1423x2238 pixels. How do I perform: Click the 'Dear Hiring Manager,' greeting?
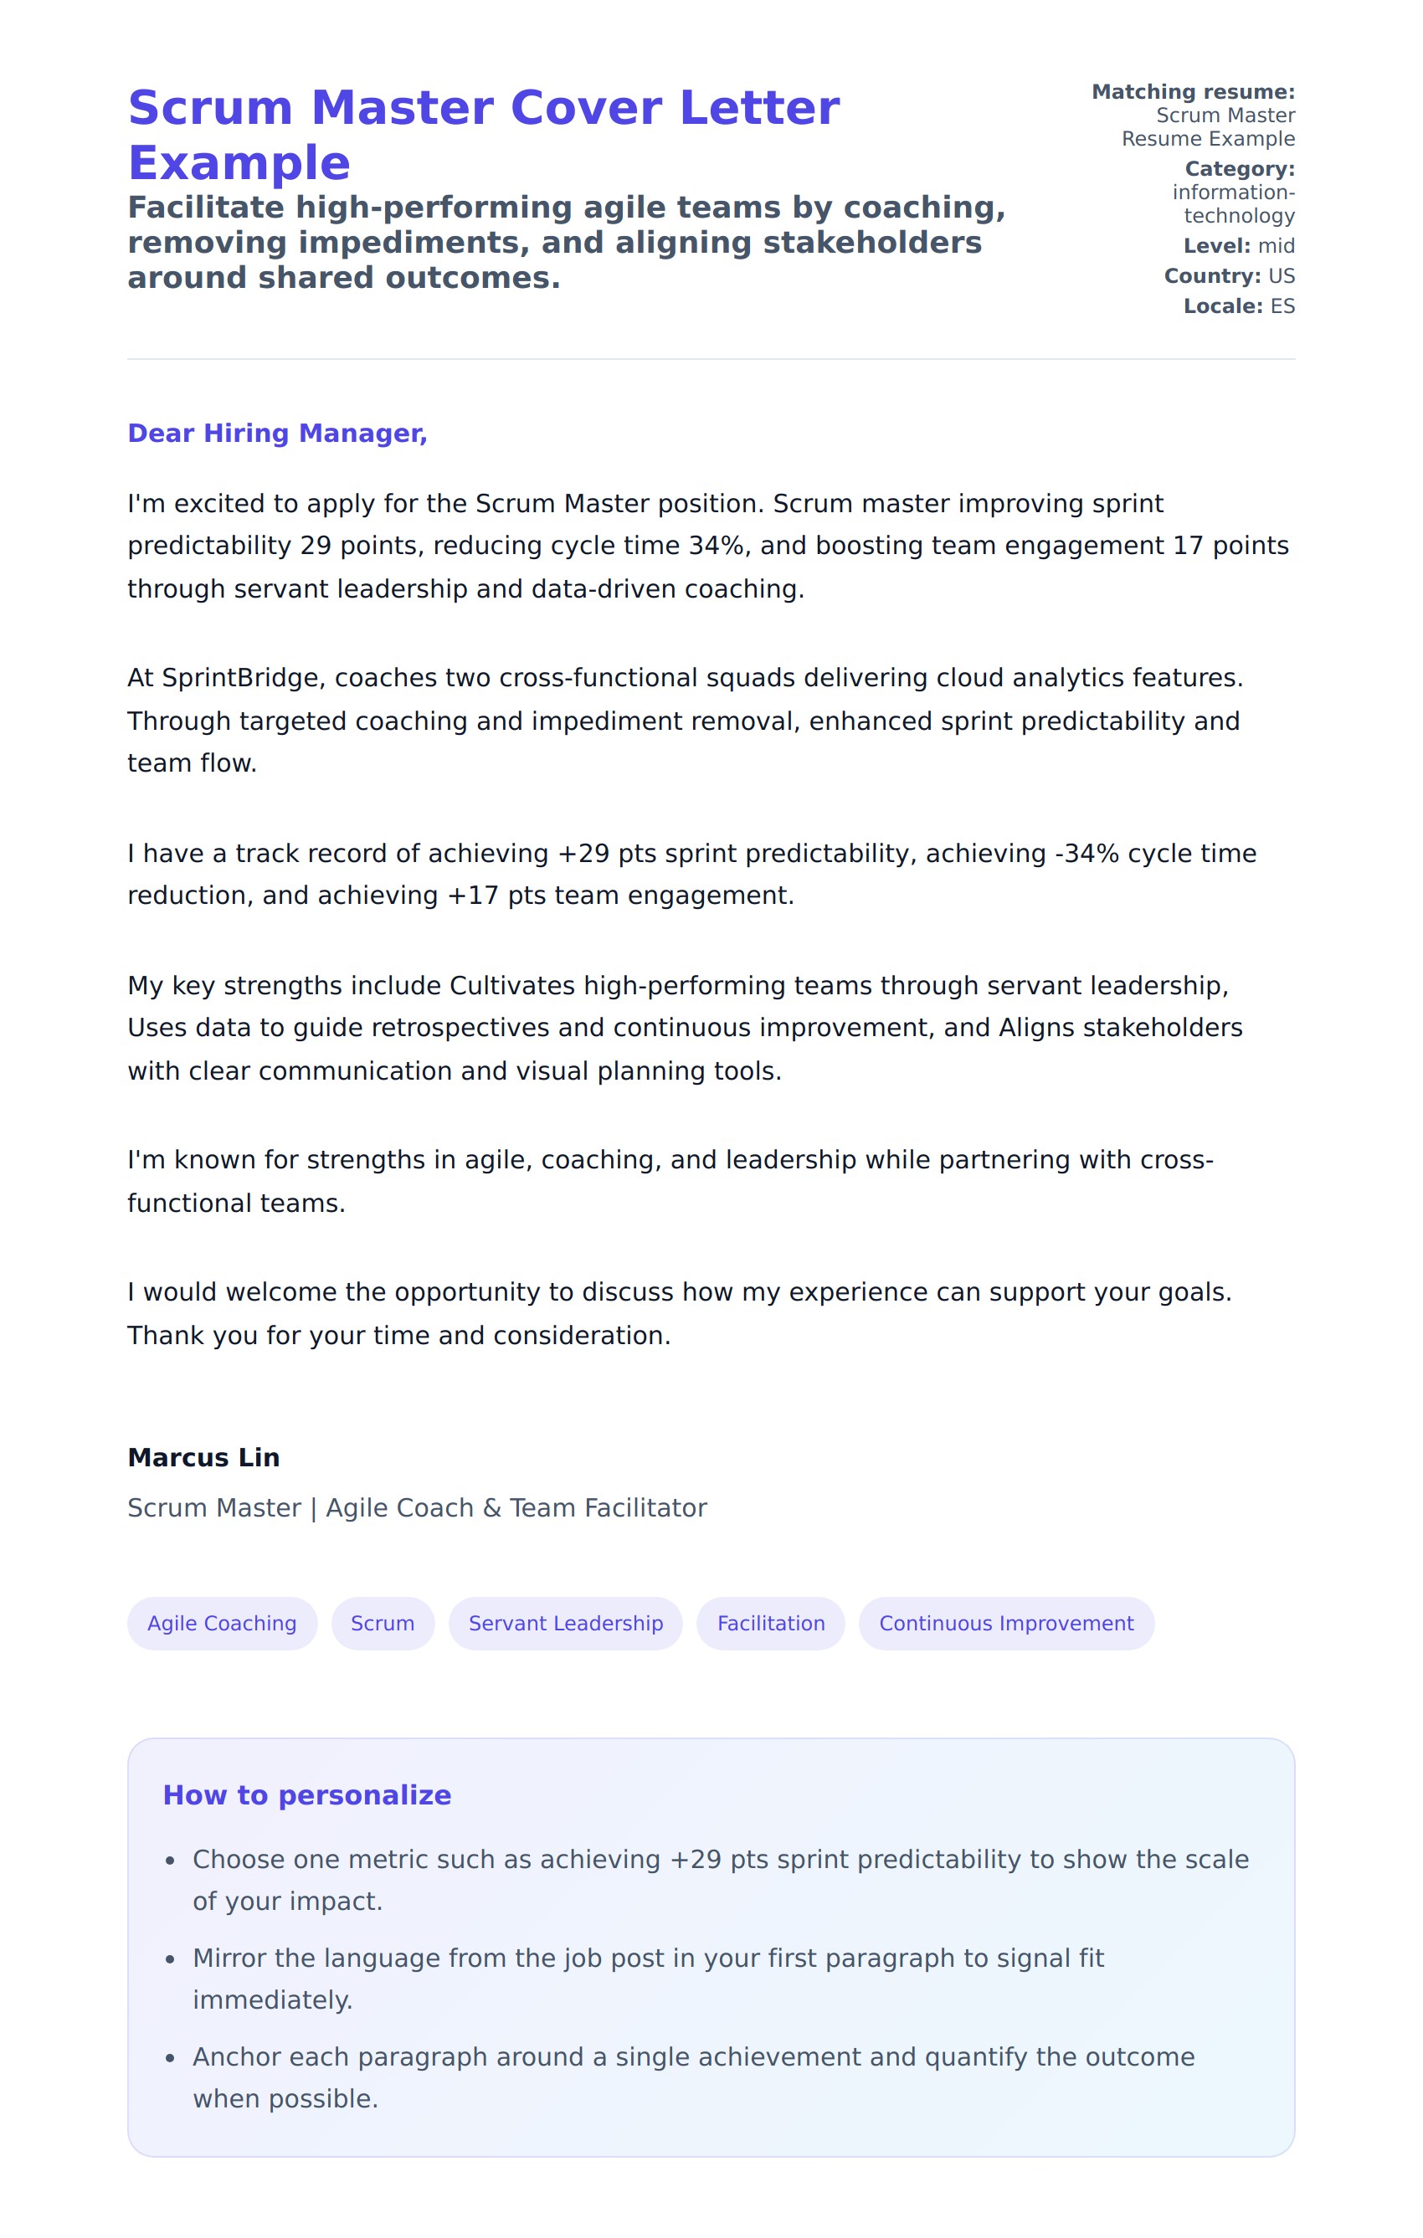pyautogui.click(x=277, y=433)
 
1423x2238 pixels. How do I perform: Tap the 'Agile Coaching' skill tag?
pyautogui.click(x=222, y=1623)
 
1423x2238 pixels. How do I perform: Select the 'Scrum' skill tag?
pyautogui.click(x=382, y=1623)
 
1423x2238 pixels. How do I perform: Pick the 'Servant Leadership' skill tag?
pyautogui.click(x=565, y=1623)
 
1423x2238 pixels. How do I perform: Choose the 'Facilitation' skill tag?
pyautogui.click(x=771, y=1623)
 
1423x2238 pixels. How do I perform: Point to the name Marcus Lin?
pyautogui.click(x=203, y=1457)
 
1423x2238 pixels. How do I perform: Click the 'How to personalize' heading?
pyautogui.click(x=306, y=1794)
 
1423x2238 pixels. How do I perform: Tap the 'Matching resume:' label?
pyautogui.click(x=1193, y=92)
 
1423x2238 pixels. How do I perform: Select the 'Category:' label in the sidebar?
pyautogui.click(x=1239, y=169)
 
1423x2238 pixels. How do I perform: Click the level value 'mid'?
pyautogui.click(x=1277, y=246)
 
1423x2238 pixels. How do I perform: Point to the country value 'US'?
pyautogui.click(x=1281, y=276)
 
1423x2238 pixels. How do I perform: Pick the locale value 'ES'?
pyautogui.click(x=1282, y=306)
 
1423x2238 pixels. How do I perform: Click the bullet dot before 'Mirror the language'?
pyautogui.click(x=169, y=1959)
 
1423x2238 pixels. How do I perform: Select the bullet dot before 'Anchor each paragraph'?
pyautogui.click(x=169, y=2058)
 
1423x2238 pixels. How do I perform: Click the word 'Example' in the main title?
pyautogui.click(x=239, y=163)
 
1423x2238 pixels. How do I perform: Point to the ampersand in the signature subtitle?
pyautogui.click(x=491, y=1508)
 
